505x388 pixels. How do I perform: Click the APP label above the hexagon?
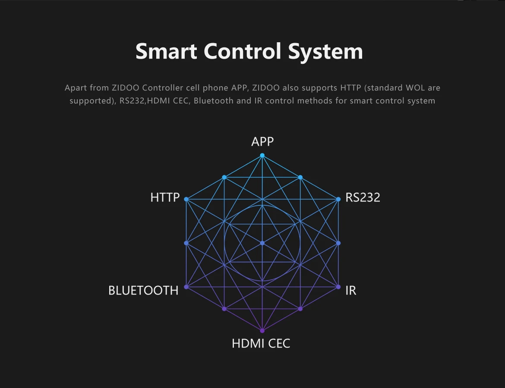tap(262, 141)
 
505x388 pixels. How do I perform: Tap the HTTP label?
tap(165, 197)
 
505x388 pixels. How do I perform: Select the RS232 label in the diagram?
tap(363, 197)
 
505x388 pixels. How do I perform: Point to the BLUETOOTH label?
tap(143, 291)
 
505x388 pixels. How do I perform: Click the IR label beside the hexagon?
tap(351, 291)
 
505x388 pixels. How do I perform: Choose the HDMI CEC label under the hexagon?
tap(261, 344)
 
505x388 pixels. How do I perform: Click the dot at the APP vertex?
tap(262, 155)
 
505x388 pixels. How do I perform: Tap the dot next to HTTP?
tap(186, 200)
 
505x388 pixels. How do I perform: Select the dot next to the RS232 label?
tap(338, 200)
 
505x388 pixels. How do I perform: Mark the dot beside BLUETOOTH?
tap(186, 287)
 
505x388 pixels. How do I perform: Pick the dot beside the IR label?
tap(338, 287)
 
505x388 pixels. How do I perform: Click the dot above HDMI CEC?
tap(262, 331)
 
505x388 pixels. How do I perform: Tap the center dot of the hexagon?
tap(262, 243)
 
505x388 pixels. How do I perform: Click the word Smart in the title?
tap(166, 51)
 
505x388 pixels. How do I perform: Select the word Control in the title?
tap(243, 51)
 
